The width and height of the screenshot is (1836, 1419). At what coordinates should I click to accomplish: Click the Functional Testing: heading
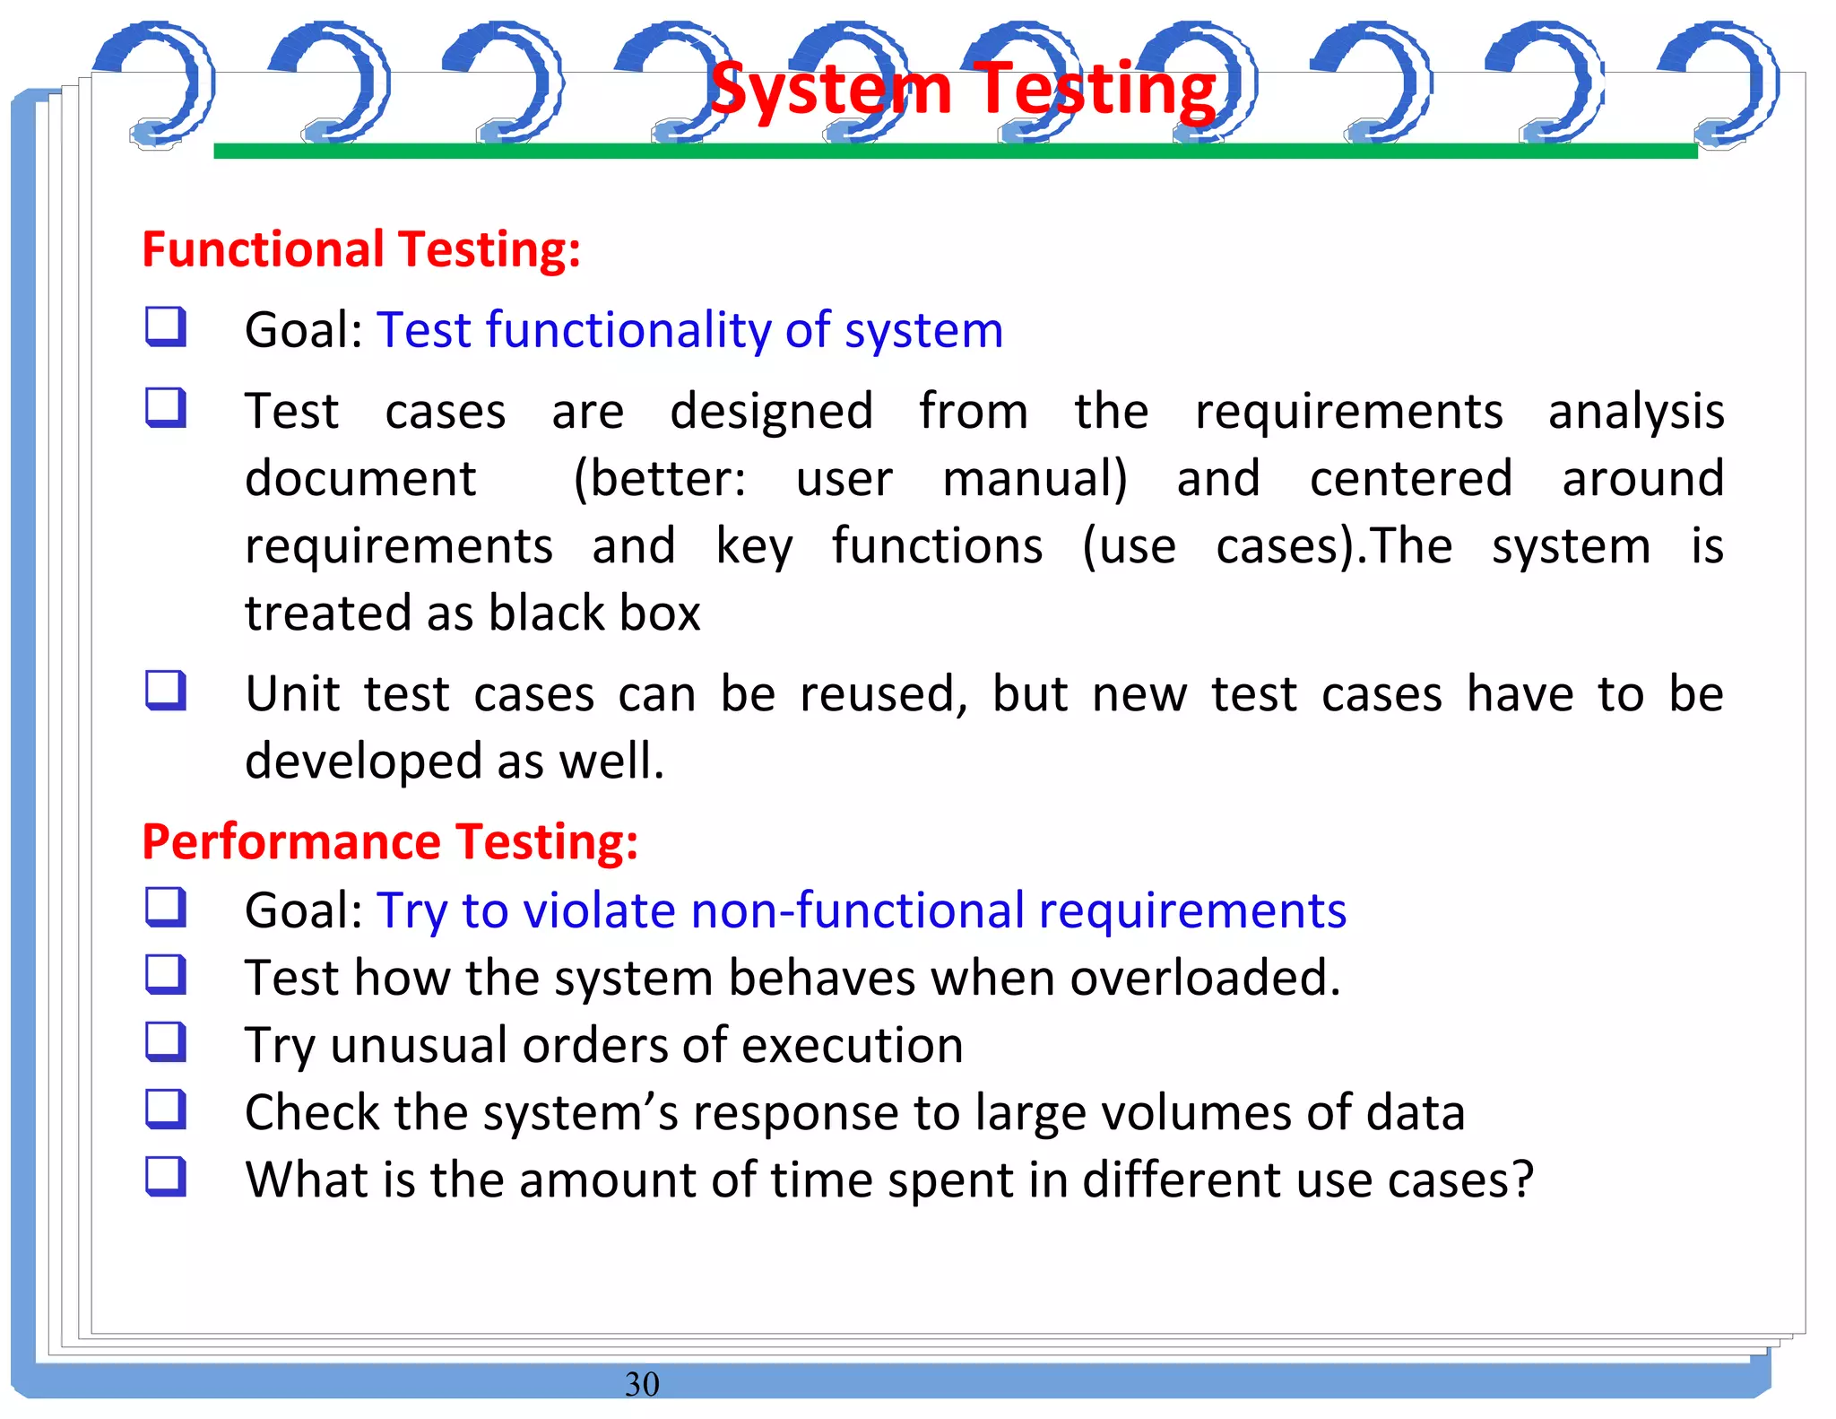pyautogui.click(x=361, y=249)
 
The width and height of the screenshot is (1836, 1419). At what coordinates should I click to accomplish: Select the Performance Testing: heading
pyautogui.click(x=390, y=842)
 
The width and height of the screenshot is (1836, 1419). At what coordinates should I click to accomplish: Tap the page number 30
pyautogui.click(x=642, y=1384)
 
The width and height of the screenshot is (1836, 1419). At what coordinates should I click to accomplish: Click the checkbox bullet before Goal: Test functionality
pyautogui.click(x=166, y=326)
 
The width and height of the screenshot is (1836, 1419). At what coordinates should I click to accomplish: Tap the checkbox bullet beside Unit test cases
pyautogui.click(x=166, y=691)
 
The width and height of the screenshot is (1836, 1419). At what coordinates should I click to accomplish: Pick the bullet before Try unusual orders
pyautogui.click(x=166, y=1041)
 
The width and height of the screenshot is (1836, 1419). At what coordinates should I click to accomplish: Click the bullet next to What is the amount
pyautogui.click(x=166, y=1176)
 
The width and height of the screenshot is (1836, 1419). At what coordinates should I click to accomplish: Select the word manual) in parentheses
pyautogui.click(x=1035, y=479)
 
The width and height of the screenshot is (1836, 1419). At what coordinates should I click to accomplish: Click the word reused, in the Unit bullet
pyautogui.click(x=883, y=695)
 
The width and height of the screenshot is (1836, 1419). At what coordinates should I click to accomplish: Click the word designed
pyautogui.click(x=771, y=413)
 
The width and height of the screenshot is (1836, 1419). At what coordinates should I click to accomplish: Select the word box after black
pyautogui.click(x=660, y=614)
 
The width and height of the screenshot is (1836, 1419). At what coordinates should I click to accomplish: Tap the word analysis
pyautogui.click(x=1635, y=413)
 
